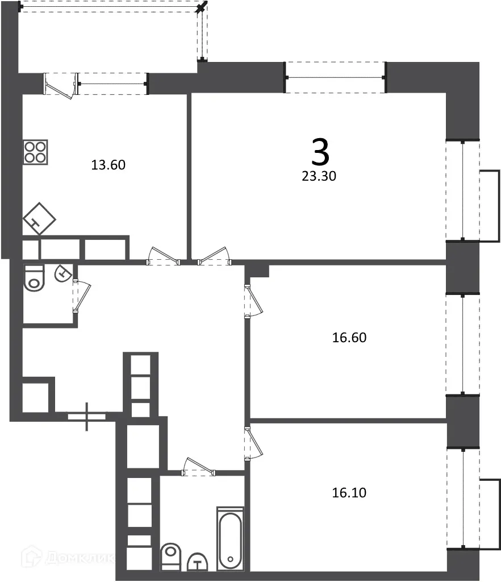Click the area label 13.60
(x=108, y=165)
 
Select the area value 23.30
(x=319, y=176)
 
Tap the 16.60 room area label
(x=349, y=338)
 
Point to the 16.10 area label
(x=349, y=493)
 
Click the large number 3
(x=320, y=152)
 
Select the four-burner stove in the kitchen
(x=35, y=152)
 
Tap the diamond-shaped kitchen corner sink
(x=39, y=219)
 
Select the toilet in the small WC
(x=35, y=278)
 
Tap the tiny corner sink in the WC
(x=62, y=274)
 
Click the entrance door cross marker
(x=87, y=416)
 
